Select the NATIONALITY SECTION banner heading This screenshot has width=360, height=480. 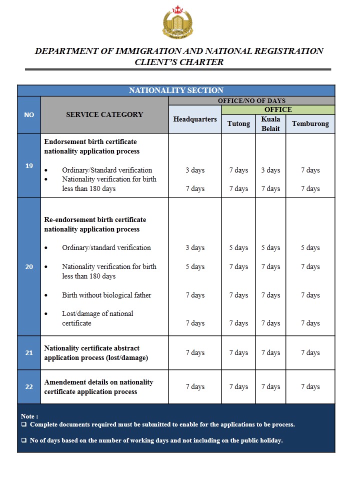[176, 90]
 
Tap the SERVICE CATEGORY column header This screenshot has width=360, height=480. [104, 114]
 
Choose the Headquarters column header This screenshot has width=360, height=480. [195, 119]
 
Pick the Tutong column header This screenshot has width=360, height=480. [238, 123]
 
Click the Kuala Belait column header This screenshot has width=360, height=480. [270, 123]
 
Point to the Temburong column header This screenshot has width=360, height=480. [310, 123]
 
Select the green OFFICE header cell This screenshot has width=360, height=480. [278, 109]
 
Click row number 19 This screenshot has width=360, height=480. [29, 165]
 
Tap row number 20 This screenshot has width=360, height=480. [29, 266]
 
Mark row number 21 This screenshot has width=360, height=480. [29, 352]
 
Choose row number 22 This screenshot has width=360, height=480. [29, 386]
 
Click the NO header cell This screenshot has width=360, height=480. [29, 114]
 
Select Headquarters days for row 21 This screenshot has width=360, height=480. [195, 352]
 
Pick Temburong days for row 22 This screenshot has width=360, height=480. [310, 386]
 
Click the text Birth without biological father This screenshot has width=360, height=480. [106, 295]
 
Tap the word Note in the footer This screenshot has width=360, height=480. [28, 416]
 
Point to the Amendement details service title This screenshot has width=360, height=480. [98, 386]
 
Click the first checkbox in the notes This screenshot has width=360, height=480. [24, 424]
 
